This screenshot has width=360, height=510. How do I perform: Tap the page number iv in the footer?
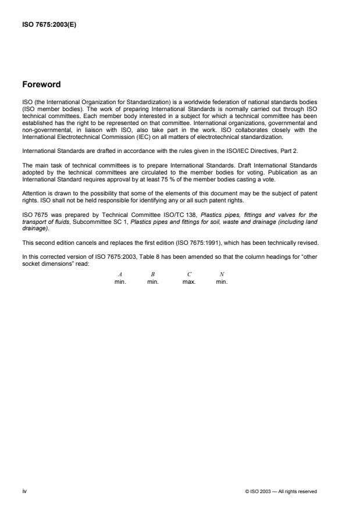point(25,491)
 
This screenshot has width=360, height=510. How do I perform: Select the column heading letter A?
point(120,274)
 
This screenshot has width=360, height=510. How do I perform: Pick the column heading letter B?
point(152,274)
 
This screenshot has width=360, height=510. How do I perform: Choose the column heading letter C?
point(190,274)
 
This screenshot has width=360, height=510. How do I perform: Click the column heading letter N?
point(222,274)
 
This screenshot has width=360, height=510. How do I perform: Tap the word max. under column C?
point(190,282)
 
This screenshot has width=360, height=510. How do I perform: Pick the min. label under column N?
point(222,282)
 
